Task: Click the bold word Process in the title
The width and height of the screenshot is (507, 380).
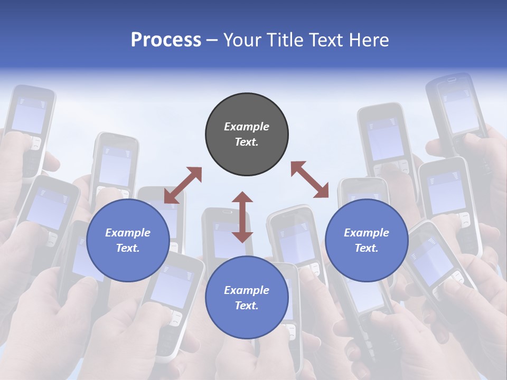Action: [x=166, y=40]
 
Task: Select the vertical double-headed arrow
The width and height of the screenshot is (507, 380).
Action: [x=242, y=217]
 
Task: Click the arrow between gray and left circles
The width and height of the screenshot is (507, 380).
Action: [x=183, y=185]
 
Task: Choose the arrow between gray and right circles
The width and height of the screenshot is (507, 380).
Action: [x=309, y=179]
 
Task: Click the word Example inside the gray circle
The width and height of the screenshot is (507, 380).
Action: [x=247, y=127]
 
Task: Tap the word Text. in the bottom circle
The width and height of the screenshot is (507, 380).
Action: [x=247, y=306]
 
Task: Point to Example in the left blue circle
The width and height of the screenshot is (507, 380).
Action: [x=128, y=233]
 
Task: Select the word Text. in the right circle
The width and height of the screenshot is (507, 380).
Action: [x=367, y=248]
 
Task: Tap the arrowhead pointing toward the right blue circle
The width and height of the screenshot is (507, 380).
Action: [x=322, y=192]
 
